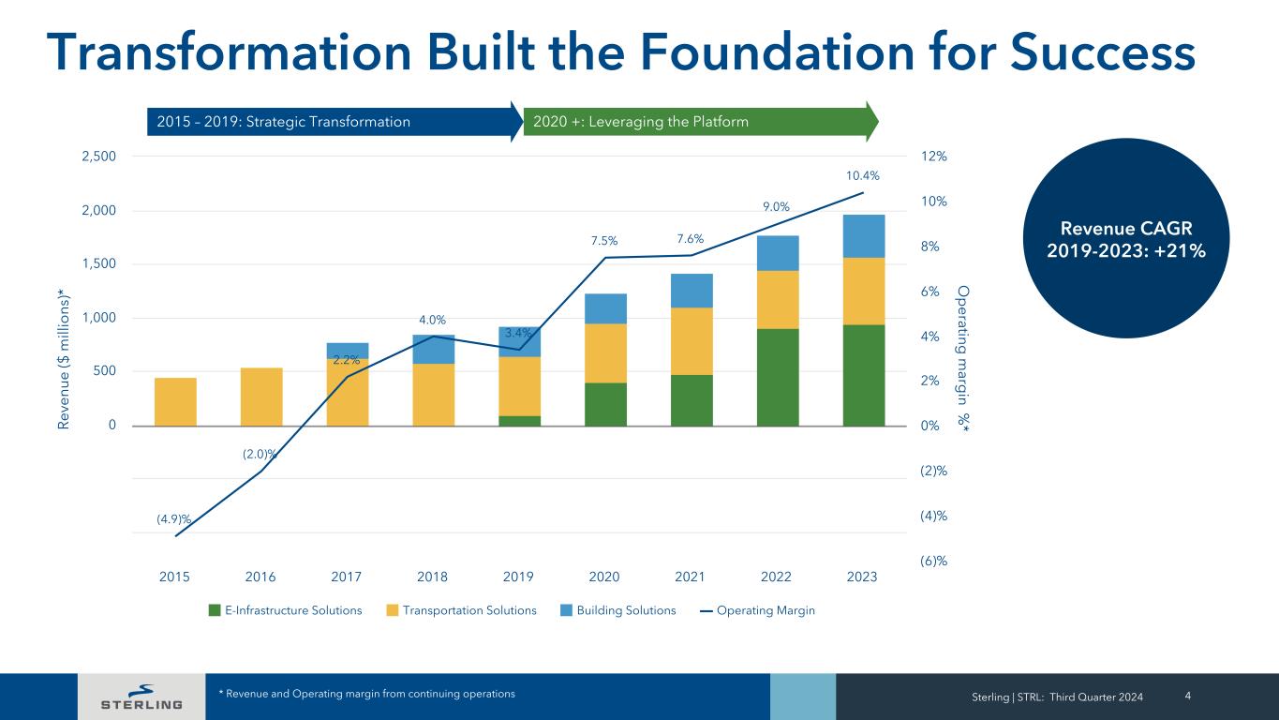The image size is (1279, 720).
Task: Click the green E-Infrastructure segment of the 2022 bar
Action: (x=778, y=377)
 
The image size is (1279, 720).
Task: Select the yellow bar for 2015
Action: (x=175, y=401)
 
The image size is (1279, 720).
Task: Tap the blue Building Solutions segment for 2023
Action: (x=863, y=236)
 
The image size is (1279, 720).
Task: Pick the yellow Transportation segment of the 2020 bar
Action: (x=605, y=352)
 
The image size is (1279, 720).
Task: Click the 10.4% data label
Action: (x=862, y=175)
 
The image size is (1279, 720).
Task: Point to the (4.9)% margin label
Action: (x=174, y=518)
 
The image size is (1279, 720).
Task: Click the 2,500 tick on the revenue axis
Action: (x=99, y=157)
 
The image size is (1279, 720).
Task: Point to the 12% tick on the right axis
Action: (x=933, y=157)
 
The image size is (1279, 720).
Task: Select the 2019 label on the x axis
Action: (x=518, y=577)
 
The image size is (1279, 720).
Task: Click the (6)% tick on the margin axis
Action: (x=933, y=561)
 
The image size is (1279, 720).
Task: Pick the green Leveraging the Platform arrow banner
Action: (x=699, y=122)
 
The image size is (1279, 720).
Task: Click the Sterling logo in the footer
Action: (x=141, y=697)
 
